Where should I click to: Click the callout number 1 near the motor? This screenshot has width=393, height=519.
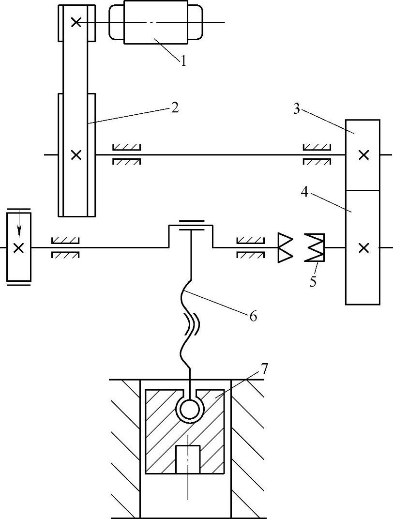pos(183,61)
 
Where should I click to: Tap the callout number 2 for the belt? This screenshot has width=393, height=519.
pos(175,107)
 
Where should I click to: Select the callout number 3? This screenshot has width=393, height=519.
pos(296,109)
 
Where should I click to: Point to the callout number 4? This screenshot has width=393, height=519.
pos(305,192)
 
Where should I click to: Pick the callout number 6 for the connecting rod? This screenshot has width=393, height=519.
pos(253,317)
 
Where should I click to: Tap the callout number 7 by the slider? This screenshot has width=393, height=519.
pos(265,368)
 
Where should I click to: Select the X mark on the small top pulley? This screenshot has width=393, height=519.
pos(76,22)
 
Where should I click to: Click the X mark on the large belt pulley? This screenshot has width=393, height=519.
pos(76,154)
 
